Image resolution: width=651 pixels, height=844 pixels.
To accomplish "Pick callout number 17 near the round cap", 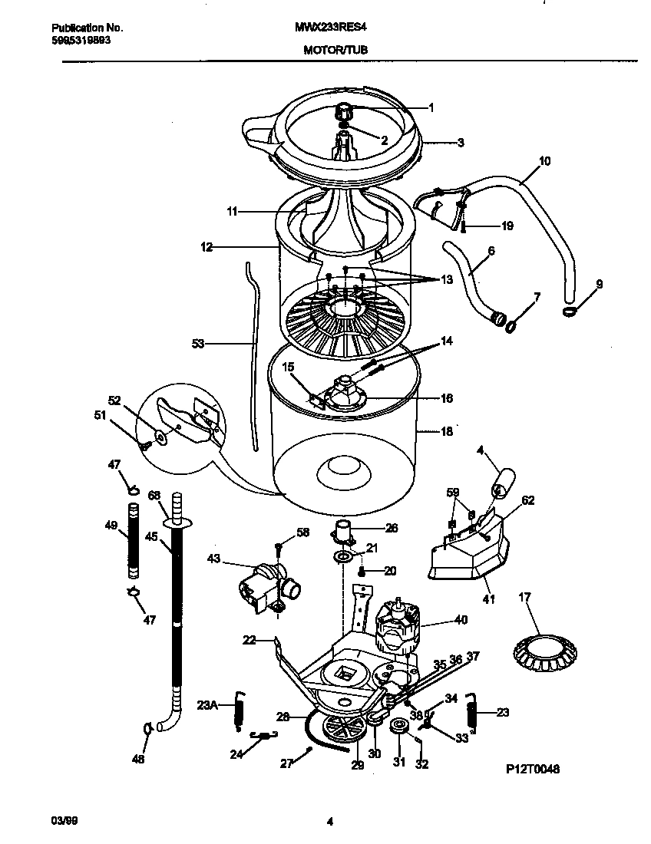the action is pos(524,596).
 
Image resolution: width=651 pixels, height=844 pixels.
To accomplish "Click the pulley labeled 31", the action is pos(399,728).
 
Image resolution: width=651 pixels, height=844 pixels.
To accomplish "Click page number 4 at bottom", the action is pos(330,823).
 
